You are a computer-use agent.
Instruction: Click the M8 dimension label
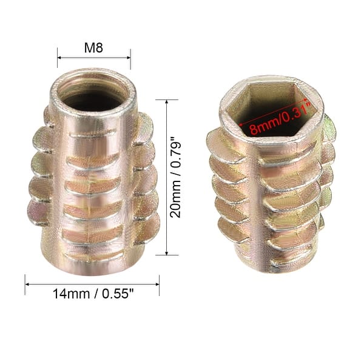pos(94,47)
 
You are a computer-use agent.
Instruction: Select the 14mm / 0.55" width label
pos(91,294)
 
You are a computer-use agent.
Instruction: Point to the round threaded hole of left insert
pos(94,91)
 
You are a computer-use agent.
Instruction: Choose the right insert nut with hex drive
pos(270,176)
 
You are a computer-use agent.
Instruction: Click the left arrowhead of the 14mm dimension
pos(28,281)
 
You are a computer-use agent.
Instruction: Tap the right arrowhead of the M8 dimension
pos(128,58)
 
